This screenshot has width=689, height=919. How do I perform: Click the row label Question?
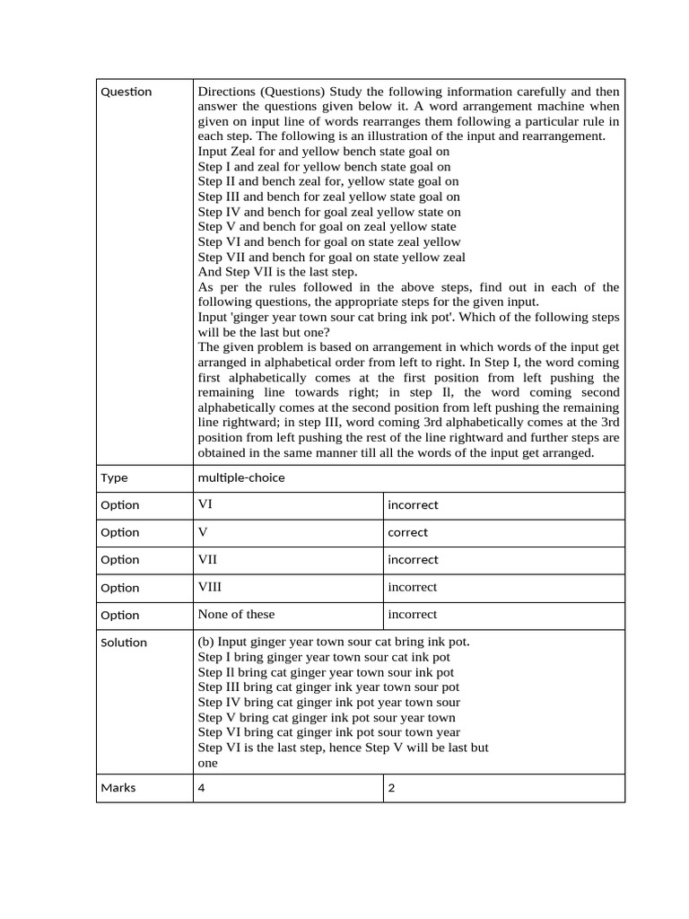point(126,92)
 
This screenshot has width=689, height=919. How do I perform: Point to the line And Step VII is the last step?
point(277,272)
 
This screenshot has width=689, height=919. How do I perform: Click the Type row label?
point(114,477)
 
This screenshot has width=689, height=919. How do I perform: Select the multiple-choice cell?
point(240,477)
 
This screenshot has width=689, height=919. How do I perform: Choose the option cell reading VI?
point(205,504)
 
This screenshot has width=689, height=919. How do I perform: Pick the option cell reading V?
point(203,532)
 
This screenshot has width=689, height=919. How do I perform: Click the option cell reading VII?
point(207,559)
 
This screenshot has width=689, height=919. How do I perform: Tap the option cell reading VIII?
point(210,587)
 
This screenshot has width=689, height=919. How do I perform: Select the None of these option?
point(236,615)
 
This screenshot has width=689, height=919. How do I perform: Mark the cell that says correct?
point(407,532)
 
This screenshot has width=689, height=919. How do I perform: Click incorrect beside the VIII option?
point(412,587)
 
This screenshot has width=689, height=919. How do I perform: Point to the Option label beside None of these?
point(120,616)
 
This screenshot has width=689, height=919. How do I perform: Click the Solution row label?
point(124,643)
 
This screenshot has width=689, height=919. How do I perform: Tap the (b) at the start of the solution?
point(205,642)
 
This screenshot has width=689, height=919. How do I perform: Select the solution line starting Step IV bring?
point(328,703)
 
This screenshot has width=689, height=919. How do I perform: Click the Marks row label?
point(118,788)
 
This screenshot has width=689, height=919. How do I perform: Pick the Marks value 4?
point(202,788)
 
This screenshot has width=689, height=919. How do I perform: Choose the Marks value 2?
point(391,788)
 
